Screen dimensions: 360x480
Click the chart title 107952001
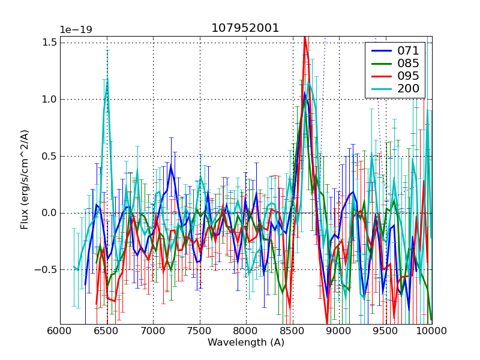point(245,28)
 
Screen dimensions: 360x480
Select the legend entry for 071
point(407,50)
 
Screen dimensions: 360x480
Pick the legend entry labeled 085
point(407,63)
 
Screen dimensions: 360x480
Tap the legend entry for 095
point(407,76)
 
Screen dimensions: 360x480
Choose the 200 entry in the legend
point(407,89)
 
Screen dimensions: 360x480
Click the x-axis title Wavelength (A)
point(245,343)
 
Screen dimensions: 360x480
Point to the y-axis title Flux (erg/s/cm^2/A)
point(25,180)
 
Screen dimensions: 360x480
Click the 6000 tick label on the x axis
point(60,331)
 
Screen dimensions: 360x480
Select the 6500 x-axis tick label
point(107,331)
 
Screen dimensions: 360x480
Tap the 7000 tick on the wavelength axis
point(153,331)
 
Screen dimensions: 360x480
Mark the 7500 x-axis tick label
point(200,331)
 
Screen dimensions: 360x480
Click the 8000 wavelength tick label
point(246,331)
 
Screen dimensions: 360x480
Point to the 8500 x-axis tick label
point(293,331)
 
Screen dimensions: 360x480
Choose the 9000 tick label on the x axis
point(339,331)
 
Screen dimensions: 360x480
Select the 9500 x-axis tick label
point(386,331)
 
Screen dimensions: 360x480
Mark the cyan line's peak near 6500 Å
point(107,79)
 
